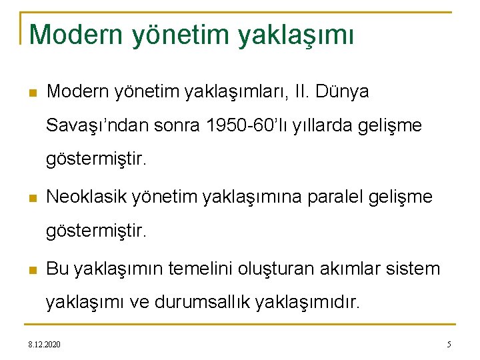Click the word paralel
point(333,197)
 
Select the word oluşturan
point(275,269)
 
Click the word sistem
point(415,269)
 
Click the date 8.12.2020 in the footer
point(44,345)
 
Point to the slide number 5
point(449,345)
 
